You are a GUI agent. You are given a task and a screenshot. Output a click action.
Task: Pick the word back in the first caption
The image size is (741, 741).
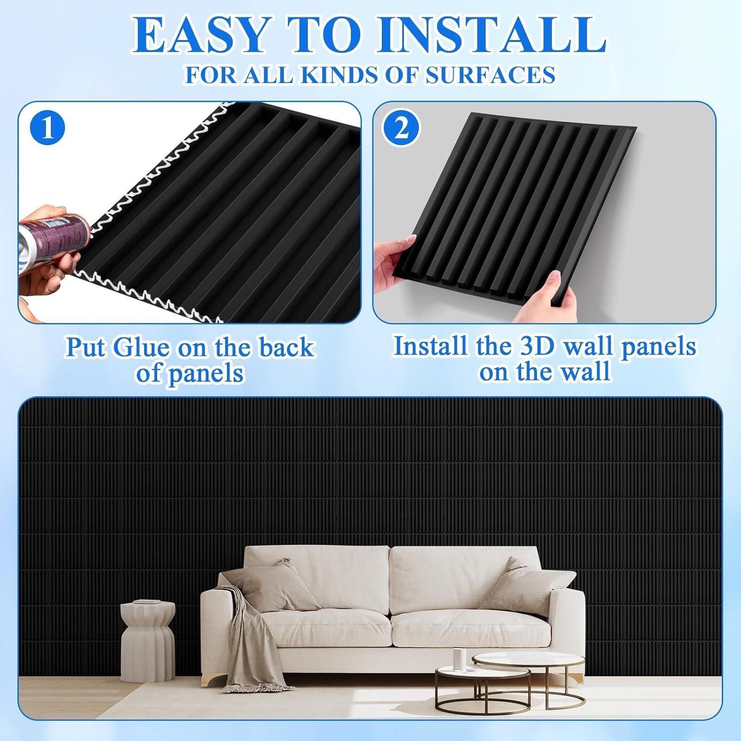tap(287, 347)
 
